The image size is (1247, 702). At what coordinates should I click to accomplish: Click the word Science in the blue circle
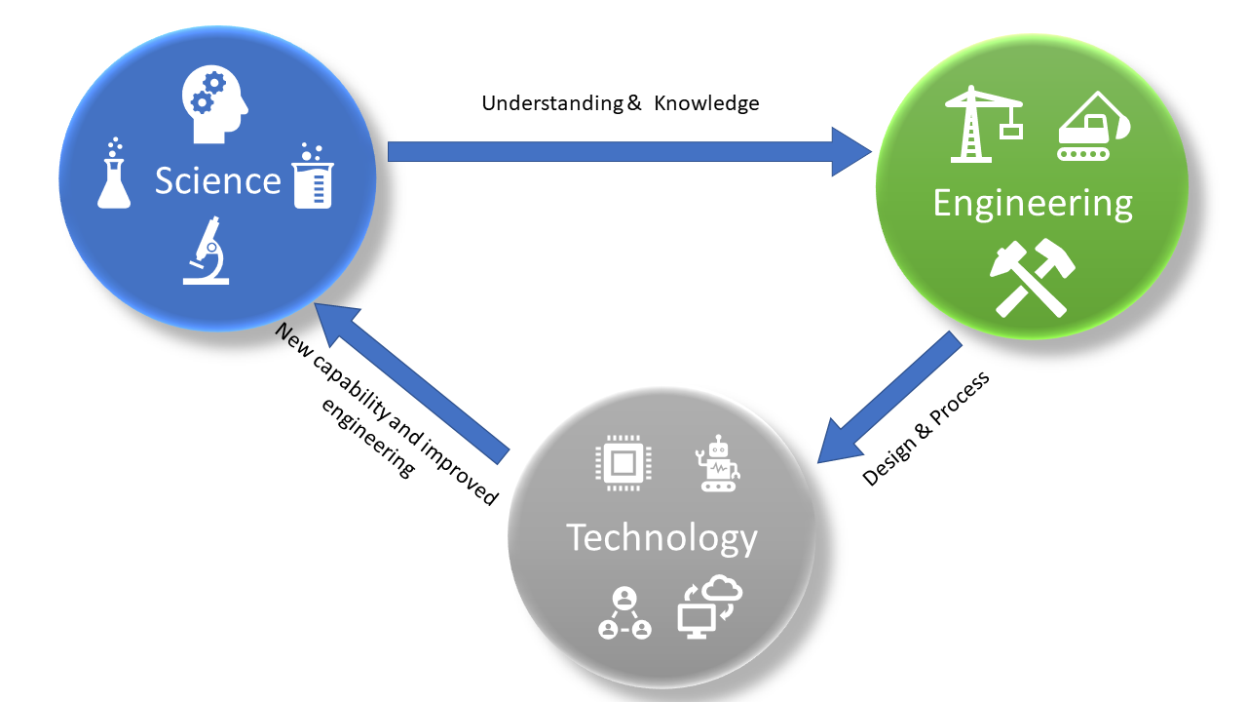tap(217, 181)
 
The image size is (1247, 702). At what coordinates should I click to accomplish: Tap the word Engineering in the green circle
tap(1033, 203)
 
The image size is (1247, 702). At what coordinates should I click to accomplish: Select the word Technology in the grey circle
tap(661, 537)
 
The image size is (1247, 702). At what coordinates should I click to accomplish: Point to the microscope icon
tap(207, 253)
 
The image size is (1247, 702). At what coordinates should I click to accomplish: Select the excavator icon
tap(1092, 127)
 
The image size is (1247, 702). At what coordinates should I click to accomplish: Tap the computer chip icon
tap(623, 463)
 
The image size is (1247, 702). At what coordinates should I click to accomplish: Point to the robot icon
tap(718, 465)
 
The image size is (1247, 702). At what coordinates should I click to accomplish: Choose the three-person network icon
tap(624, 613)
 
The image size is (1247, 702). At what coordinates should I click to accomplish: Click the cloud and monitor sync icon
tap(709, 606)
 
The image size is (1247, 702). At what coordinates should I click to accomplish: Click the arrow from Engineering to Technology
tap(886, 397)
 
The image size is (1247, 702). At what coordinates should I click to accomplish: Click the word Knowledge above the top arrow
tap(706, 103)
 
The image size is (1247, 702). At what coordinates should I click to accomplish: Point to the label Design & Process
tap(926, 428)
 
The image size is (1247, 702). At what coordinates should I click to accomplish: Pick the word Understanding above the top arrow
tap(553, 103)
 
